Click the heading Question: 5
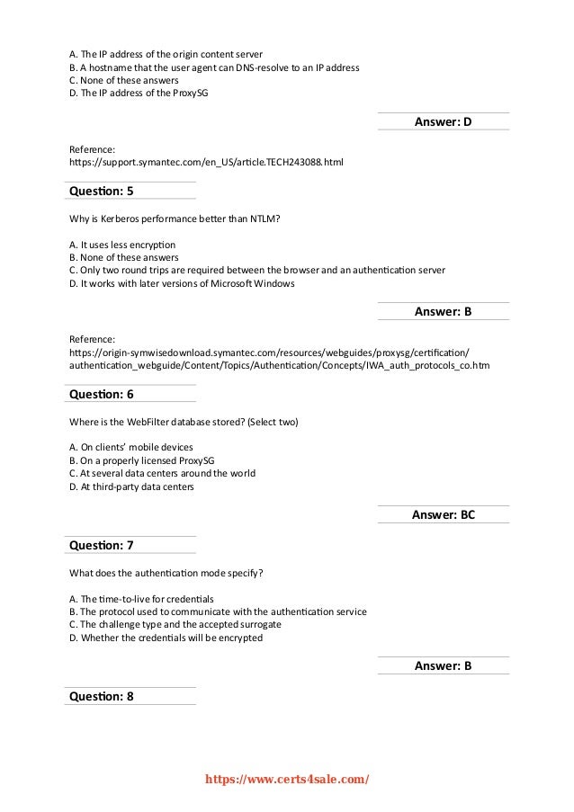(x=101, y=192)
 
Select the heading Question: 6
(x=101, y=394)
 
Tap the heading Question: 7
(x=101, y=545)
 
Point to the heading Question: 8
(x=101, y=695)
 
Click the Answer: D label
(x=443, y=121)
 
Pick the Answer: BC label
(x=443, y=515)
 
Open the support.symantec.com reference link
(x=206, y=163)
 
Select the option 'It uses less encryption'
(x=121, y=245)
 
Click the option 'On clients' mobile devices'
(x=130, y=447)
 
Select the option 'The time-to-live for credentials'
(x=140, y=598)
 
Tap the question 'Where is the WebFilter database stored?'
(x=184, y=421)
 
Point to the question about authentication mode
(x=166, y=572)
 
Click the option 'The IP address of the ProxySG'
(x=138, y=93)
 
